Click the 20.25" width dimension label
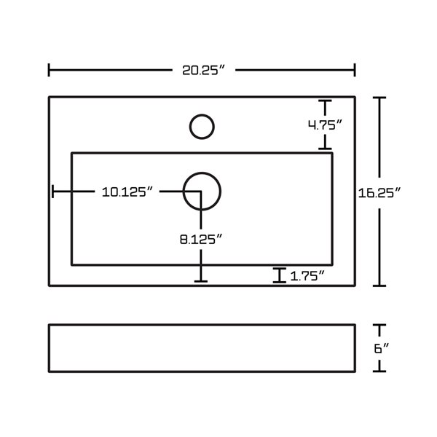coord(203,70)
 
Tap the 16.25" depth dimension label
coord(379,193)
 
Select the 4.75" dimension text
coord(325,125)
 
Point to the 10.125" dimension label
coord(127,192)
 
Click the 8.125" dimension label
coord(201,239)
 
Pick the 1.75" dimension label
coord(307,276)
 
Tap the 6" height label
coord(381,348)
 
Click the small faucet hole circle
coord(202,127)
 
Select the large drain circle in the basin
coord(202,192)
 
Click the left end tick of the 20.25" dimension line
coord(49,70)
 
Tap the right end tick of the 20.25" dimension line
coord(355,70)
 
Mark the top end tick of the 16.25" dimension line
coord(379,98)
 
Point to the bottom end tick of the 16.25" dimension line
coord(379,286)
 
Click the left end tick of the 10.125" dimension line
coord(52,192)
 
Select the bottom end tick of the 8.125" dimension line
coord(201,281)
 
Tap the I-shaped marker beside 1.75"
coord(279,275)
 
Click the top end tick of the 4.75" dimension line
coord(325,101)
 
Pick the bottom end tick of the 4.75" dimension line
coord(325,149)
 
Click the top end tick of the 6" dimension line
coord(379,325)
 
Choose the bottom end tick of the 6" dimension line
coord(379,371)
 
